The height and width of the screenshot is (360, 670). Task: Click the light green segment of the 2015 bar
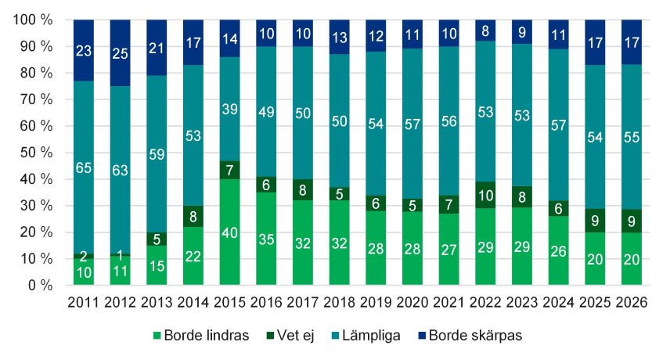coord(229,232)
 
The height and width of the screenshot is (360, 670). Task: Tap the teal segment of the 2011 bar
coord(84,167)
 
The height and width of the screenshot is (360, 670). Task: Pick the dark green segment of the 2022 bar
coord(485,195)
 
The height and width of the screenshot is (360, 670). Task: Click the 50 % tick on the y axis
coord(34,153)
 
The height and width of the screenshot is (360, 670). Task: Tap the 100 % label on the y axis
coord(31,20)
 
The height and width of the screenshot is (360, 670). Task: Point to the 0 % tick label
coord(38,286)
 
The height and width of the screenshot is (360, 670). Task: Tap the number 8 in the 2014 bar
coord(193,217)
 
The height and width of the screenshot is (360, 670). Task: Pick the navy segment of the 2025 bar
coord(595,42)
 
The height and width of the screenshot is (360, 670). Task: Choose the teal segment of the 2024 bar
coord(558,125)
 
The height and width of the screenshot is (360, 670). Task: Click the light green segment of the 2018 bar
coord(339,243)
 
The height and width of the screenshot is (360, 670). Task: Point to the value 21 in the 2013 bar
coord(157,49)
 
